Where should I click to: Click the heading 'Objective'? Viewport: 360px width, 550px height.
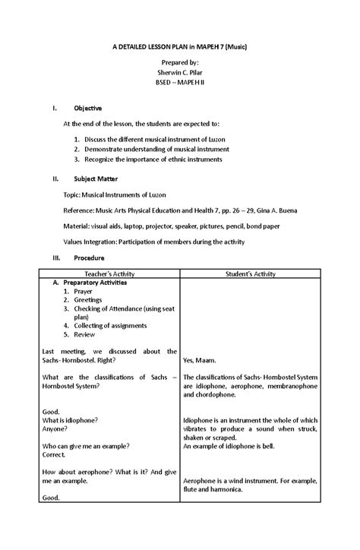(89, 108)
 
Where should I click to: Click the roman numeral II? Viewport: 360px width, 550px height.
(55, 179)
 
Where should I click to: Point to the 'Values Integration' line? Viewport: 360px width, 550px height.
(153, 242)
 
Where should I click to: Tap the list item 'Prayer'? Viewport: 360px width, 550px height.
(84, 292)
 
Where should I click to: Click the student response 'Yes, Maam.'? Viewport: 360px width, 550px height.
(200, 360)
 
